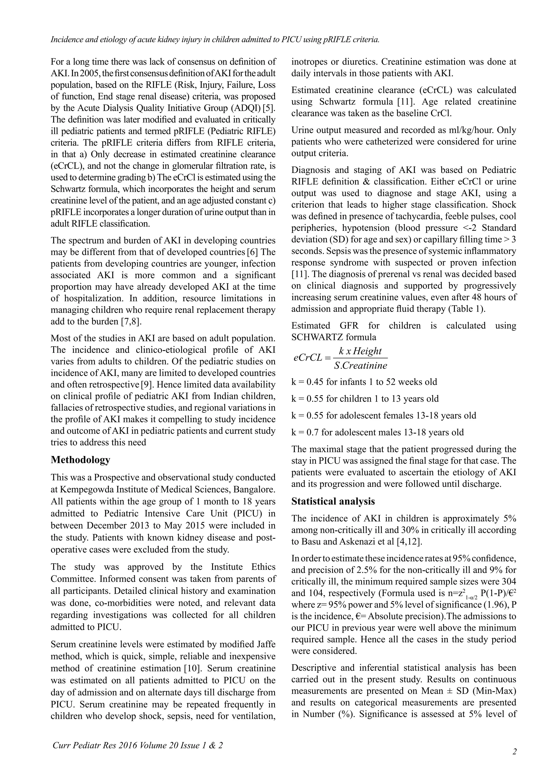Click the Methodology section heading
tap(80, 460)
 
